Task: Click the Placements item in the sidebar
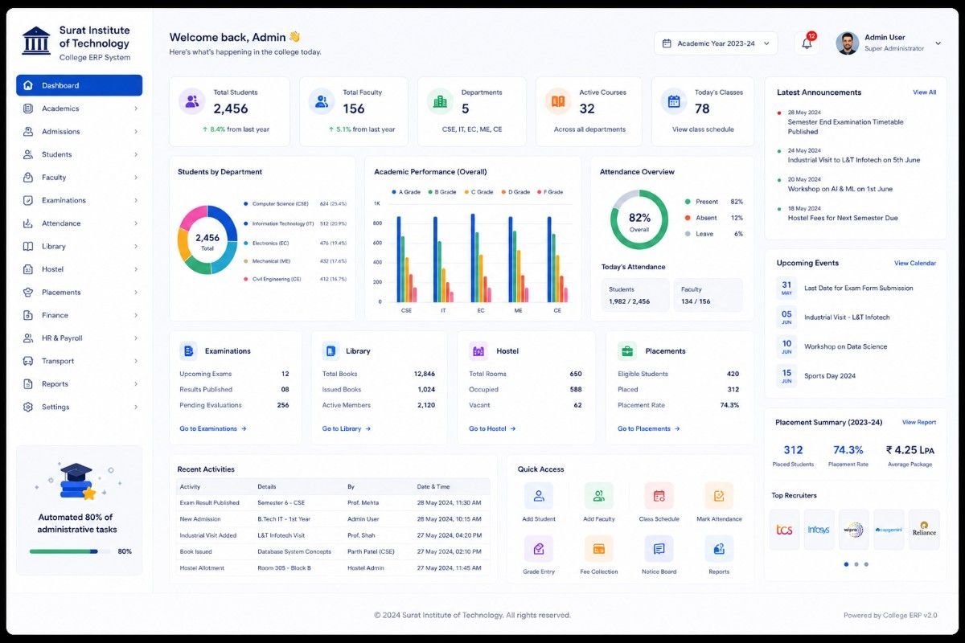(x=61, y=292)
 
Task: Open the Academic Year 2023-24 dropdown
(x=716, y=43)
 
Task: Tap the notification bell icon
(x=807, y=43)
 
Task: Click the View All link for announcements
(x=924, y=92)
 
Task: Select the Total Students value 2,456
(x=231, y=109)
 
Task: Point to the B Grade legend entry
(x=442, y=192)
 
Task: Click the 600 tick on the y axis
(x=377, y=243)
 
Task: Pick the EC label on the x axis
(x=481, y=310)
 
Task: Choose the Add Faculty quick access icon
(x=598, y=496)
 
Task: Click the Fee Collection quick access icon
(x=598, y=549)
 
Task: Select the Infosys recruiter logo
(x=819, y=530)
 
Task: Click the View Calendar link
(x=914, y=263)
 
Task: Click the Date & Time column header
(x=433, y=486)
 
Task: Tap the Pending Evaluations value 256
(x=282, y=405)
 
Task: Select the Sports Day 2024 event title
(x=829, y=375)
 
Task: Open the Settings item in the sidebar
(x=55, y=407)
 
